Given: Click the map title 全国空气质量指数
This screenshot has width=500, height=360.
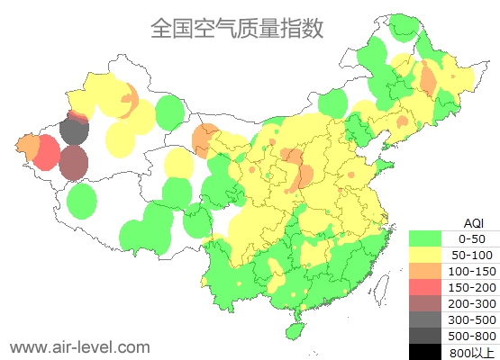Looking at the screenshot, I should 237,28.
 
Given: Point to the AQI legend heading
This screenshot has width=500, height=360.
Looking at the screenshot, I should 473,222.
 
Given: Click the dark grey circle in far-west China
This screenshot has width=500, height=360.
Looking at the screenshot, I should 74,132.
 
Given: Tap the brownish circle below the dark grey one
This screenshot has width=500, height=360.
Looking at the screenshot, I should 74,164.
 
